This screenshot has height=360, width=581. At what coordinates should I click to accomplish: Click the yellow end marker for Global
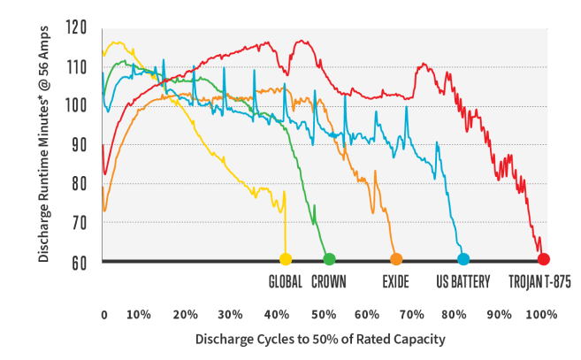[285, 259]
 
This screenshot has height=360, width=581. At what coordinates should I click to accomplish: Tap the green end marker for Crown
[329, 259]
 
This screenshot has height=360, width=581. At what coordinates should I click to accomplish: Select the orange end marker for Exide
[395, 259]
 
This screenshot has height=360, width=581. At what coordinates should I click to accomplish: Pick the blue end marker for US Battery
[463, 259]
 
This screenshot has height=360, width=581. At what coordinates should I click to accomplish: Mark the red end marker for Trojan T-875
[543, 259]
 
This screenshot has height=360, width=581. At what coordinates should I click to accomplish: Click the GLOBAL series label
[285, 282]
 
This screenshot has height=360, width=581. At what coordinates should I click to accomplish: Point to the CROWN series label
[329, 282]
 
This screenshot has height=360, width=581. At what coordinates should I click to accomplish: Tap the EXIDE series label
[395, 282]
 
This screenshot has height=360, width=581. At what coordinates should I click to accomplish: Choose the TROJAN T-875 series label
[539, 282]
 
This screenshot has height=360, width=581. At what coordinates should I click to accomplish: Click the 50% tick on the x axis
[320, 314]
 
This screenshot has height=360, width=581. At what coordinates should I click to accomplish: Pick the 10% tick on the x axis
[138, 314]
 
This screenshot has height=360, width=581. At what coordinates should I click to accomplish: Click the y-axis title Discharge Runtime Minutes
[43, 145]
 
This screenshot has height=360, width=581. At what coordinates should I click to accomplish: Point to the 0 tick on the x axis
[104, 314]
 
